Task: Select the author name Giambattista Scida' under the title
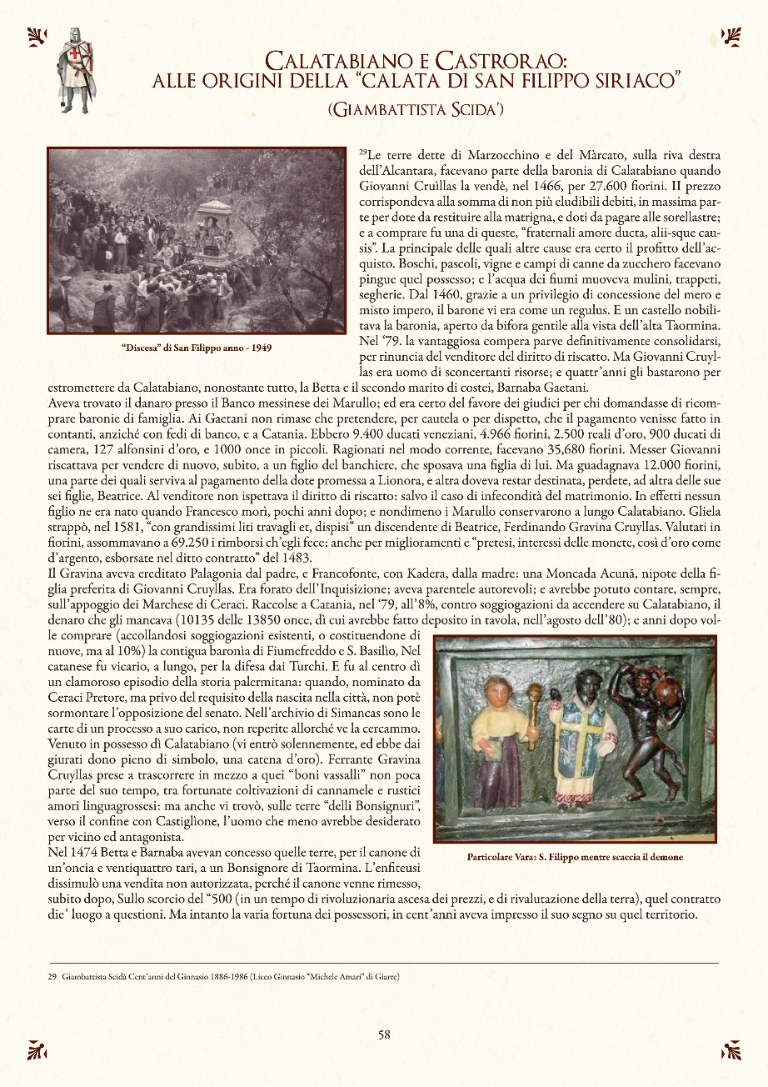pos(417,108)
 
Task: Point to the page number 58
pos(384,1034)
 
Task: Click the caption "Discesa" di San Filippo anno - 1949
pos(197,347)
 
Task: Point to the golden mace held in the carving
pos(534,709)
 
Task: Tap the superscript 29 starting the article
pos(362,153)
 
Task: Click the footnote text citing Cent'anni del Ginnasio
pos(225,974)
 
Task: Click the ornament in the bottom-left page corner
pos(37,1049)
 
